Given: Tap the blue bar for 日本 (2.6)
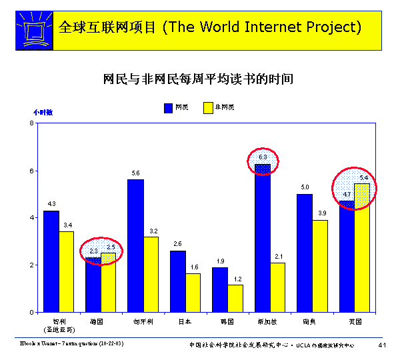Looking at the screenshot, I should (x=177, y=281).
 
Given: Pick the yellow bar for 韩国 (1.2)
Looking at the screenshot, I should (x=235, y=298).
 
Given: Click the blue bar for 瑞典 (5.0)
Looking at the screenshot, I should (x=305, y=253).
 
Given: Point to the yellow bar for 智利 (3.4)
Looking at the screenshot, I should (x=67, y=271).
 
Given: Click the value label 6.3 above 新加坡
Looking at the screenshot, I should (x=263, y=157).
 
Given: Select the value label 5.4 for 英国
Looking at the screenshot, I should (x=363, y=177).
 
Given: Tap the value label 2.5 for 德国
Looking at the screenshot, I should (x=111, y=247).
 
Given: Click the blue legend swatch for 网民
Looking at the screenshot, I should (x=168, y=107).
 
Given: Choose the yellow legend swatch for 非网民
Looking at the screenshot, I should (x=207, y=107).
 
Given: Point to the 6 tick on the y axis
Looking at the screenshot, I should (x=31, y=171).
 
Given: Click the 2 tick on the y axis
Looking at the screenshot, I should (x=31, y=265).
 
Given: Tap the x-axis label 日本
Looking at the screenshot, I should (x=185, y=321).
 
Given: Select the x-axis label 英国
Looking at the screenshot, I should (x=355, y=321).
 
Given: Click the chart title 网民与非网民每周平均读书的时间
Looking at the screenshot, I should (x=199, y=79).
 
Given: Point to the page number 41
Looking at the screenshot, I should (x=382, y=345).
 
